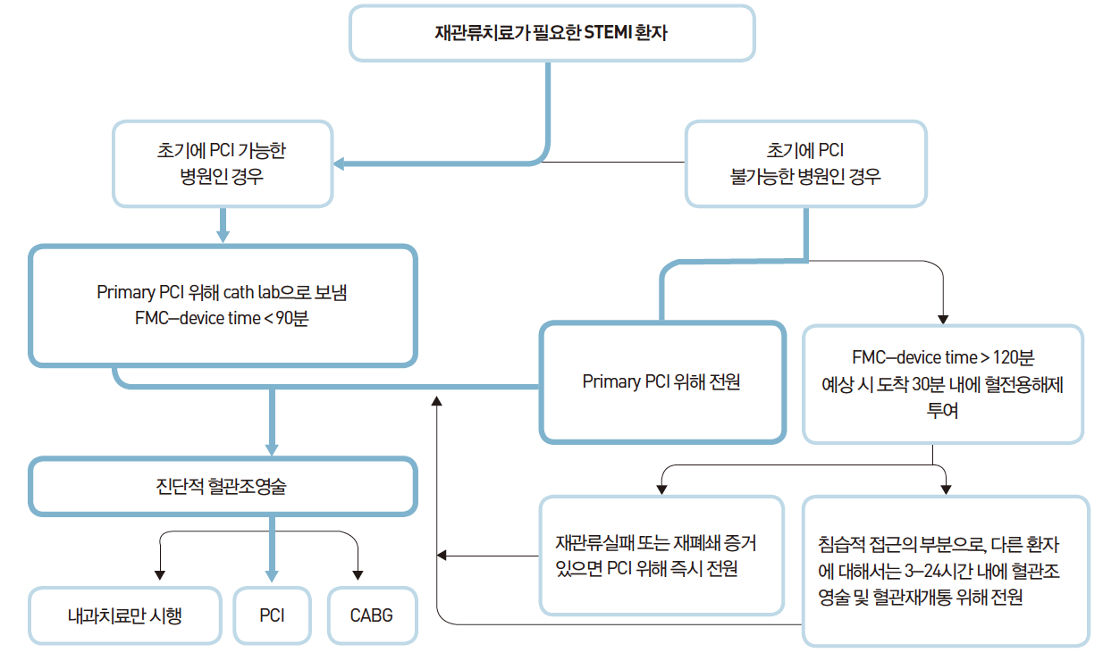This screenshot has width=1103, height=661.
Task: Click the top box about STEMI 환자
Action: pyautogui.click(x=551, y=34)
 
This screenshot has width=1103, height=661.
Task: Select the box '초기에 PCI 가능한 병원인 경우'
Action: pyautogui.click(x=222, y=163)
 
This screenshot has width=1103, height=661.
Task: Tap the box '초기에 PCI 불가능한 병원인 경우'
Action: pyautogui.click(x=805, y=163)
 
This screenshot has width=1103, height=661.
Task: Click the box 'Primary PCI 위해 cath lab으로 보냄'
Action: pyautogui.click(x=223, y=305)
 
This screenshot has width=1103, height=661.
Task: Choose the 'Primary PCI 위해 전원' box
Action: pyautogui.click(x=661, y=382)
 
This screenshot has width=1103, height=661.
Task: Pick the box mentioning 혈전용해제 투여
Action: pyautogui.click(x=942, y=384)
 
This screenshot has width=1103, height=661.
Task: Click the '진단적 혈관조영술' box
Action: pyautogui.click(x=223, y=487)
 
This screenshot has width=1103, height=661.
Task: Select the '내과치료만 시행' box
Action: pyautogui.click(x=124, y=615)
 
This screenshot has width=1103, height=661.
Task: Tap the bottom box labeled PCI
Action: pyautogui.click(x=272, y=615)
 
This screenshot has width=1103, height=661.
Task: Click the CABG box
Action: pyautogui.click(x=372, y=615)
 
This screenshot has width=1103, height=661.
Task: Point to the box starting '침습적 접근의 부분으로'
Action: pyautogui.click(x=945, y=571)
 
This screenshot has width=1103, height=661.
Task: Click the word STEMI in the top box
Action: pyautogui.click(x=607, y=34)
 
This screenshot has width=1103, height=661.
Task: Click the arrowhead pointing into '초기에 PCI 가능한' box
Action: pyautogui.click(x=340, y=163)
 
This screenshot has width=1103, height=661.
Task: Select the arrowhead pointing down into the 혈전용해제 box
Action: pyautogui.click(x=942, y=318)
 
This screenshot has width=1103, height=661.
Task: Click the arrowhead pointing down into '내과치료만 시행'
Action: pyautogui.click(x=160, y=573)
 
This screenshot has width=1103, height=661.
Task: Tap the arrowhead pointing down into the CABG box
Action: pyautogui.click(x=358, y=573)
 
